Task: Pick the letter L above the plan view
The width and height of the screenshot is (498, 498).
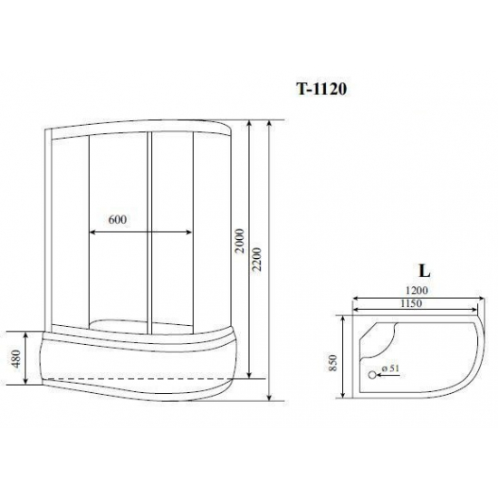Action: (x=423, y=270)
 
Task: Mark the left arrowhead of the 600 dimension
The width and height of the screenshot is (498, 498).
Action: (x=91, y=233)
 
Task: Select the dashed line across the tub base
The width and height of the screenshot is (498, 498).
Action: (x=136, y=375)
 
